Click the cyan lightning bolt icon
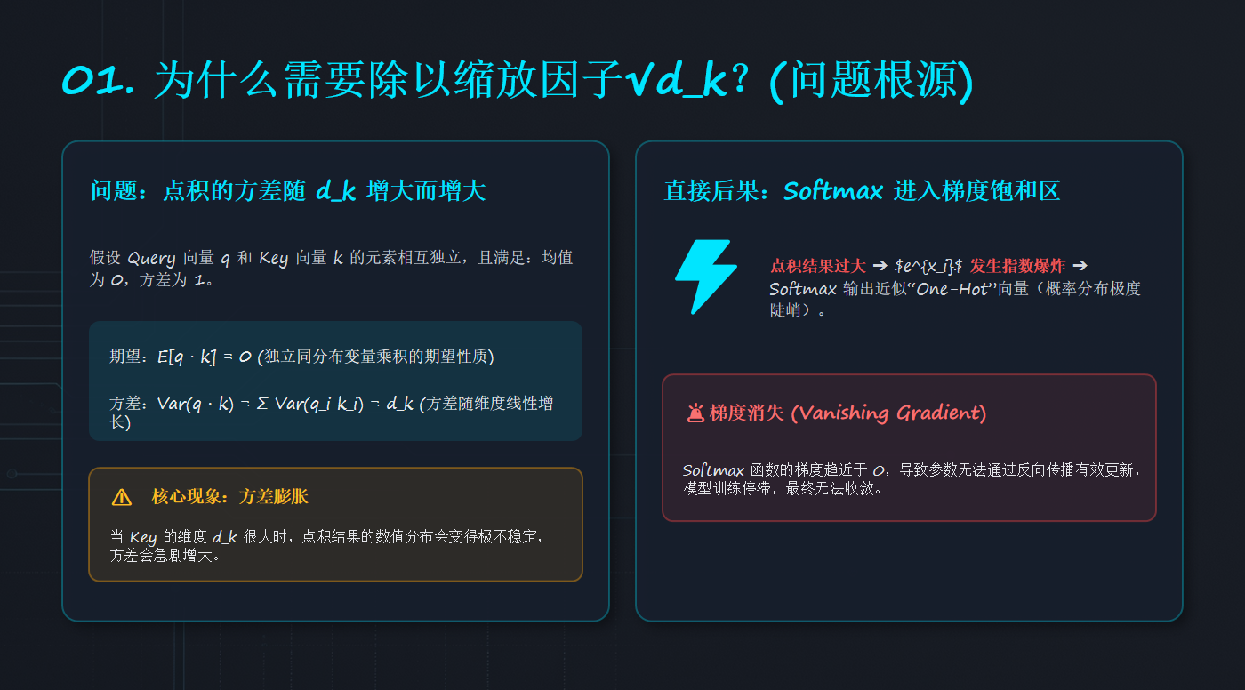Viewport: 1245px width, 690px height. point(706,277)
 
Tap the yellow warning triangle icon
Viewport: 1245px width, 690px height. point(121,497)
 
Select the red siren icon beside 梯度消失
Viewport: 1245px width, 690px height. point(695,413)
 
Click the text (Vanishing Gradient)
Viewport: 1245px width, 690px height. point(888,413)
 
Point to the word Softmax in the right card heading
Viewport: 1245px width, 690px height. point(833,191)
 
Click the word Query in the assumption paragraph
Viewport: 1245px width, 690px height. point(151,259)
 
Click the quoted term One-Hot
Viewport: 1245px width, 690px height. point(953,289)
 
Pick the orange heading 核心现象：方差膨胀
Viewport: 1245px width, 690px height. point(229,496)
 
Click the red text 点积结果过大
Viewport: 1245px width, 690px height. point(817,266)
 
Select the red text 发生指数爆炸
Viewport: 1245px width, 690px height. point(1017,266)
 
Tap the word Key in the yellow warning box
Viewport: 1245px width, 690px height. point(143,537)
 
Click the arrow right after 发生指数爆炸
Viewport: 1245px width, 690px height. point(1080,266)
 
